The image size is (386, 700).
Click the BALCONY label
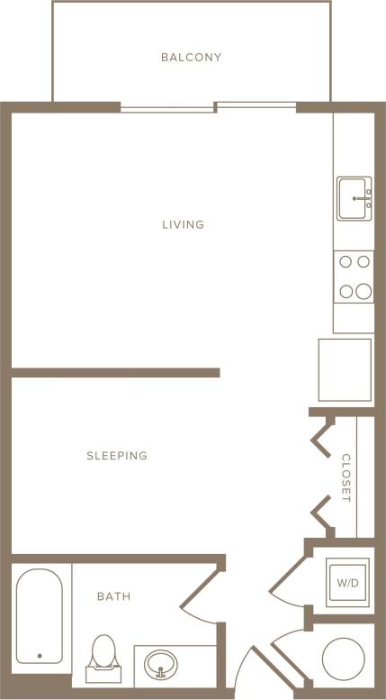pos(191,58)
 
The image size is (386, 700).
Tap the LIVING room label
pos(183,224)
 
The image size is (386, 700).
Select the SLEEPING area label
pos(117,456)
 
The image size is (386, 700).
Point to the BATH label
pos(113,596)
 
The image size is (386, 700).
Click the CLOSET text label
pos(346,477)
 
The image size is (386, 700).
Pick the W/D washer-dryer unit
pos(347,583)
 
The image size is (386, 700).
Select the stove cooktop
pos(354,276)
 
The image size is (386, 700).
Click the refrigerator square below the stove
pos(345,369)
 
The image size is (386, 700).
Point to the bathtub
pos(39,615)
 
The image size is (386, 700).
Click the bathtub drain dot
pos(40,656)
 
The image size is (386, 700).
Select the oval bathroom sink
pos(161,665)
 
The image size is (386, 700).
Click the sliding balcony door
pos(209,107)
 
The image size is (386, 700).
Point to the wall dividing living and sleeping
pos(115,372)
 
